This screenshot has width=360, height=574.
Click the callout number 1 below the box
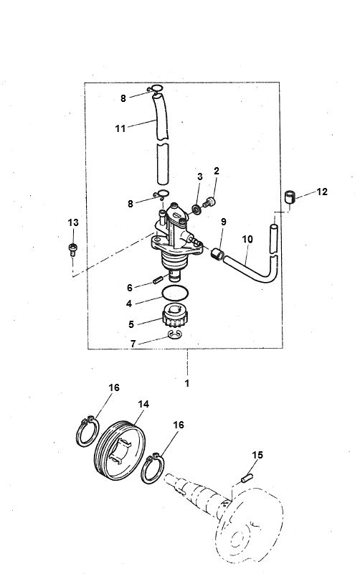click(186, 383)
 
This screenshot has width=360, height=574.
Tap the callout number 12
click(323, 192)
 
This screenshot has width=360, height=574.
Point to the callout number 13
click(72, 223)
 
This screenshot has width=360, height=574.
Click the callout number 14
click(143, 405)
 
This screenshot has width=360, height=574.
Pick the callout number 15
click(257, 455)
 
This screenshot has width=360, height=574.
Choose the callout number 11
click(120, 128)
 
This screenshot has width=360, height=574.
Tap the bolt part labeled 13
click(72, 249)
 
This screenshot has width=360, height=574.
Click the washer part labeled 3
click(196, 211)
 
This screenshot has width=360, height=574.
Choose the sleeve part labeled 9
click(218, 253)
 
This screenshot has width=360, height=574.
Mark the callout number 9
click(223, 222)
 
